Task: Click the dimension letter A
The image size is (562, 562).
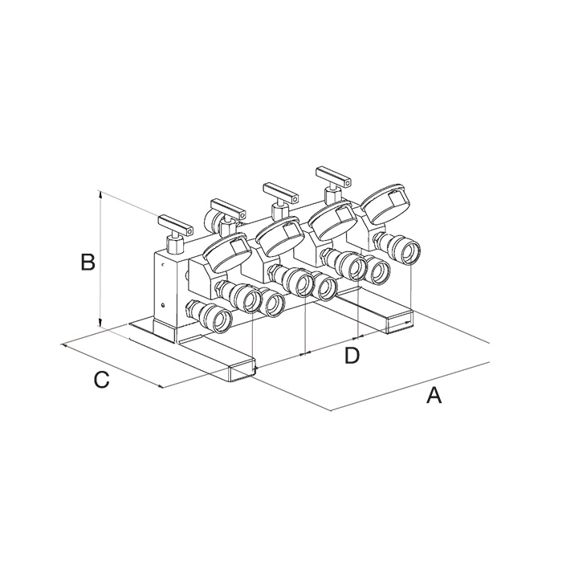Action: (434, 395)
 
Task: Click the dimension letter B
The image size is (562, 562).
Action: (88, 262)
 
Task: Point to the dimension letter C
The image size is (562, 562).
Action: (101, 380)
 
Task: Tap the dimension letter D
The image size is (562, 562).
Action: (352, 355)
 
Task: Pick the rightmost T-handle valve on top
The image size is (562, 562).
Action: (332, 184)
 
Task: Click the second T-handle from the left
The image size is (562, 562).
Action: (227, 214)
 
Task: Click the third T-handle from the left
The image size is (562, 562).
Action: (280, 198)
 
